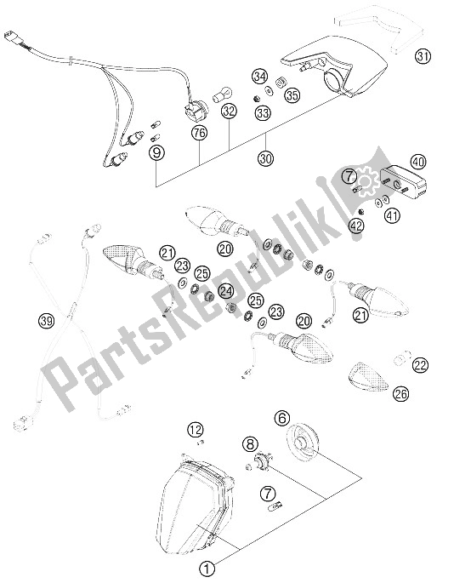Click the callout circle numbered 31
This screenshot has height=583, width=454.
(x=423, y=57)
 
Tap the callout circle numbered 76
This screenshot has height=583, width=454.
(x=200, y=133)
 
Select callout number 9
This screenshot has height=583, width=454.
(x=156, y=152)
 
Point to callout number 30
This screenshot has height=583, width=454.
(x=266, y=158)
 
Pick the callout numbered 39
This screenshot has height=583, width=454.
(x=47, y=321)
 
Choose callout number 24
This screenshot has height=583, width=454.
(x=226, y=290)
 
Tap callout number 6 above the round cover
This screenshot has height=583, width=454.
(x=282, y=418)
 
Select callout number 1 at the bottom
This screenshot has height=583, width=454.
(x=207, y=569)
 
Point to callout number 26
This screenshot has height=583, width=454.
(x=400, y=394)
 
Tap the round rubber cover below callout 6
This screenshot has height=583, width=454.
(x=302, y=444)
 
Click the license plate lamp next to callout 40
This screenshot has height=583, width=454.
(x=404, y=181)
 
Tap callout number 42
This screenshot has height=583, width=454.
(x=357, y=226)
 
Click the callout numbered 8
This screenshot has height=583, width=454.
(x=250, y=443)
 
